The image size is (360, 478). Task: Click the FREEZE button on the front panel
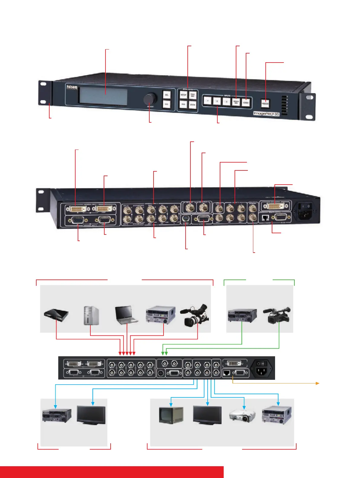point(265,103)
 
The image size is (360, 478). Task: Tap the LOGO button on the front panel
point(246,102)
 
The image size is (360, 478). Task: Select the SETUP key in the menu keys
point(183,95)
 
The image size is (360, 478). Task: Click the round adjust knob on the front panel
point(150,99)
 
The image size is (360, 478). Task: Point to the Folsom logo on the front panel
point(72,88)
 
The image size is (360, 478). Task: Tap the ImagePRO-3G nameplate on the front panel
point(266,114)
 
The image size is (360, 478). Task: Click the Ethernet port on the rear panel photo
point(265,217)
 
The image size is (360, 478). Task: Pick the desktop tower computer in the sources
point(91,315)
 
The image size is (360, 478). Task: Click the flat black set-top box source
point(56,315)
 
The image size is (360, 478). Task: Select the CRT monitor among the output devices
point(171,416)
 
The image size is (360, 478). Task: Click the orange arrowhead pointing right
point(318,383)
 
